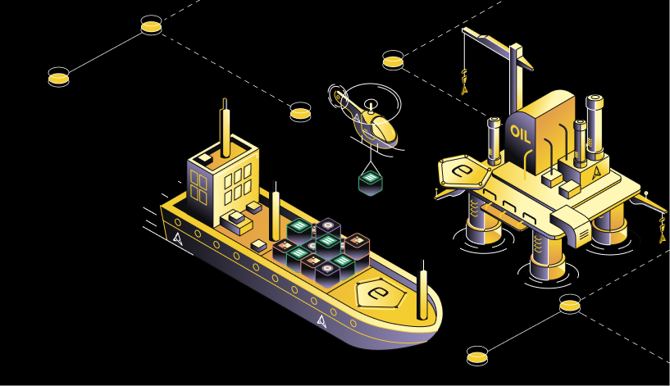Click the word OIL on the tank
click(521, 134)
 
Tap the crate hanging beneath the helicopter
click(371, 183)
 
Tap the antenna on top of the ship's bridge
click(226, 128)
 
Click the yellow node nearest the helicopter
click(300, 112)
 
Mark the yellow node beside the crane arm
click(393, 60)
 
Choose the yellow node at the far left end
click(58, 77)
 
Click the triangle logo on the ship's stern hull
click(178, 238)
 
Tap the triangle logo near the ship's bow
click(321, 320)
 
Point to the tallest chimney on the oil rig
click(595, 127)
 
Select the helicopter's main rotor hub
click(371, 104)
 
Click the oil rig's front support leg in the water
click(546, 257)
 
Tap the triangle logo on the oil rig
click(597, 171)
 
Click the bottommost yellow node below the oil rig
click(476, 356)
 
